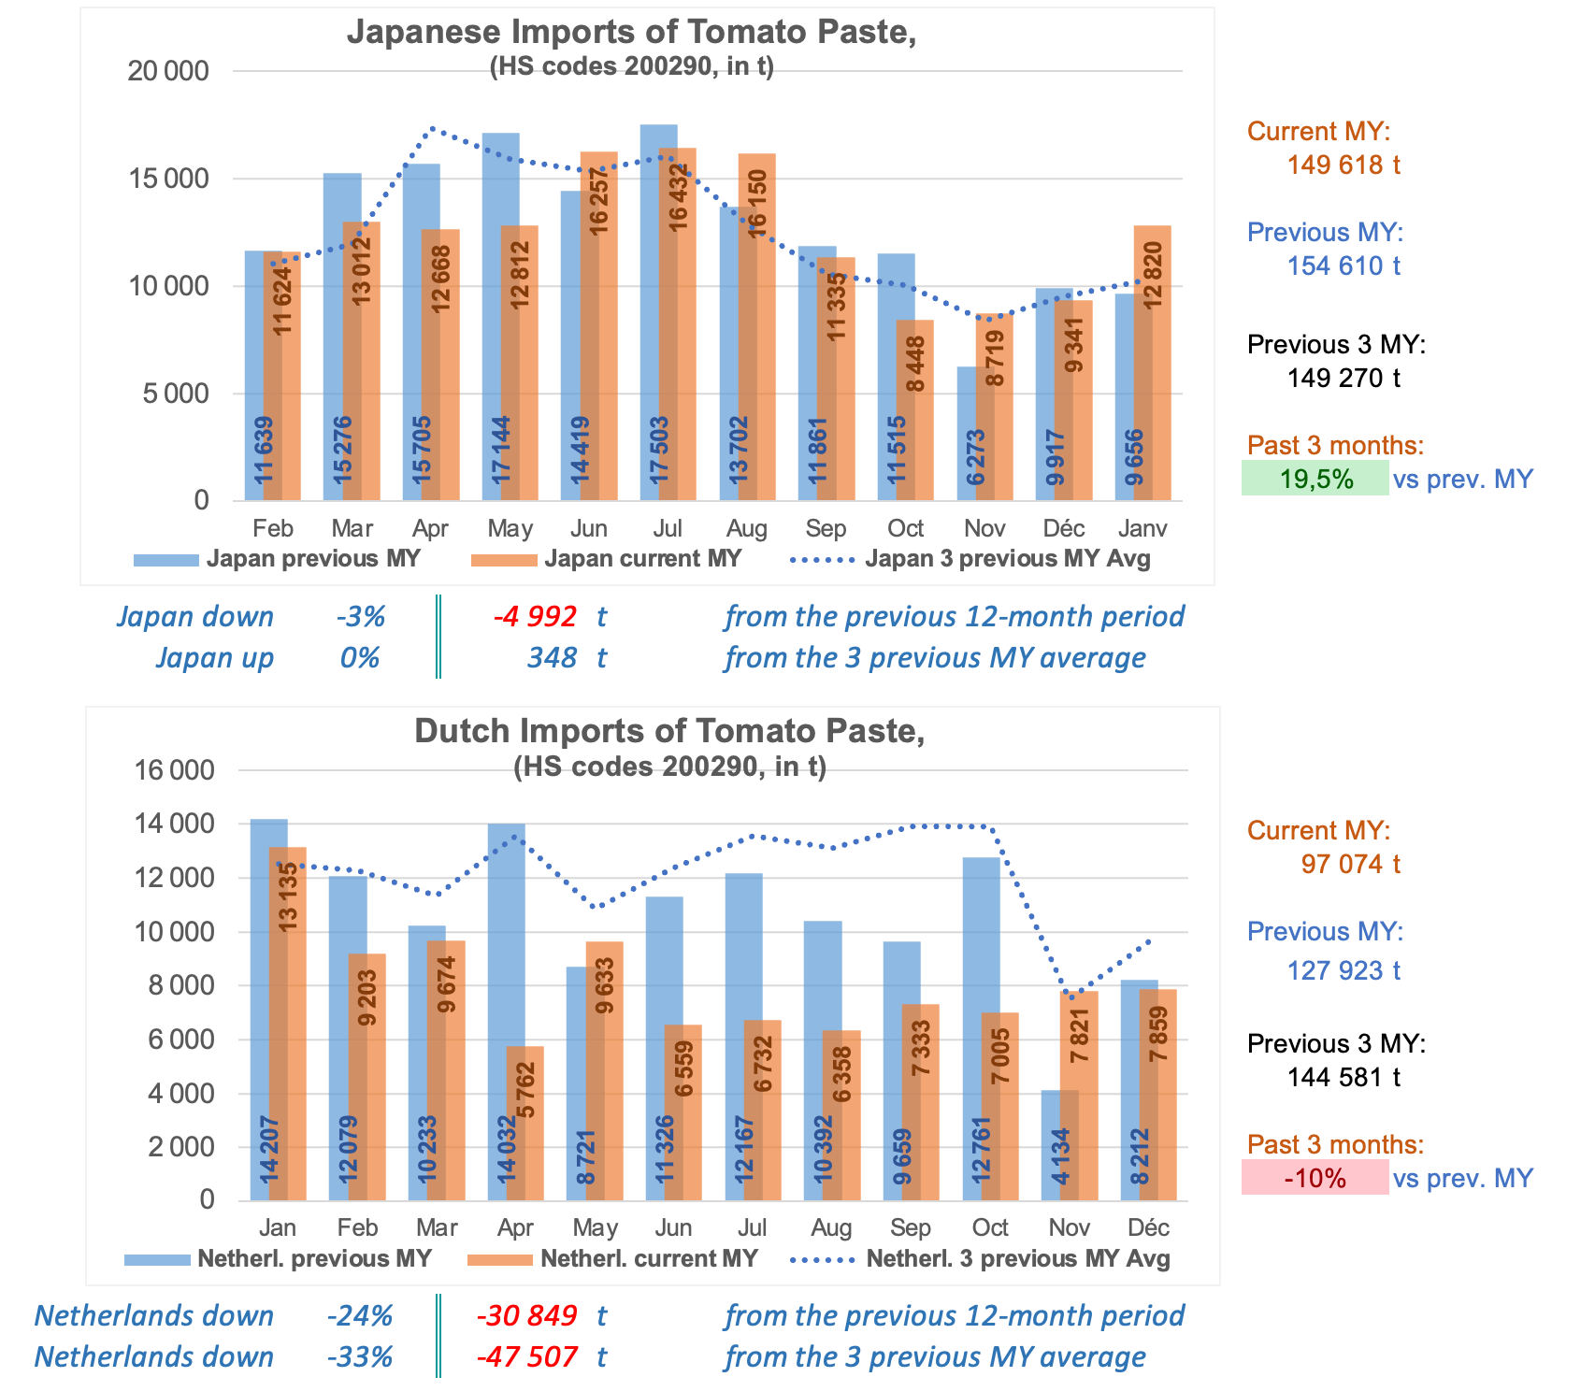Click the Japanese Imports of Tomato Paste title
(x=631, y=32)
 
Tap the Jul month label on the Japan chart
(x=667, y=529)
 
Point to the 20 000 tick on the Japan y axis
(x=168, y=71)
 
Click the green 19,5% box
(x=1315, y=479)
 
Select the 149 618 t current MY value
(x=1344, y=165)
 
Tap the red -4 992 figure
(x=535, y=617)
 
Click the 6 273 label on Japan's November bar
(x=975, y=457)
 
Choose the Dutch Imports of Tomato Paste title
(x=669, y=731)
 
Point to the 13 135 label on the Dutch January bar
(x=288, y=896)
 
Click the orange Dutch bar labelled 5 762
(x=524, y=1122)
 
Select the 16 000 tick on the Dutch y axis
(x=175, y=770)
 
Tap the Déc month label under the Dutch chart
(x=1148, y=1227)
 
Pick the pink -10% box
(x=1315, y=1178)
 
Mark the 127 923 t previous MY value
(x=1344, y=970)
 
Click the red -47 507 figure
(x=526, y=1356)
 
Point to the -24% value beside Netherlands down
(x=360, y=1316)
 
